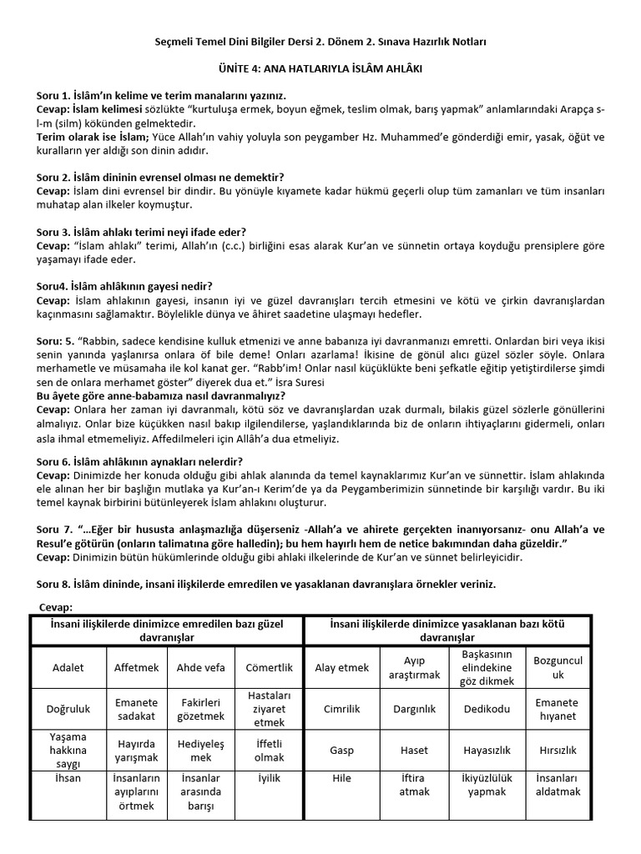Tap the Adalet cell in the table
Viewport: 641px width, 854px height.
(68, 667)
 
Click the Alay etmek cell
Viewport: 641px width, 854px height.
(341, 667)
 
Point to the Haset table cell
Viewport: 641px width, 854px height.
(414, 750)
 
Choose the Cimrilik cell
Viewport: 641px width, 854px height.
(341, 709)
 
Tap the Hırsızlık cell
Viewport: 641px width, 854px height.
(557, 750)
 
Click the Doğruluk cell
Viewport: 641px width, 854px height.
(68, 709)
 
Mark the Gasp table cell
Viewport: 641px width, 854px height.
(341, 750)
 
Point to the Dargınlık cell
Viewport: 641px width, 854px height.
(414, 709)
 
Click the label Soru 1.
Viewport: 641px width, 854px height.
(55, 98)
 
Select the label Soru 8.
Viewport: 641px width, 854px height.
(55, 585)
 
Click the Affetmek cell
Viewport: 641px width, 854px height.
(137, 667)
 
